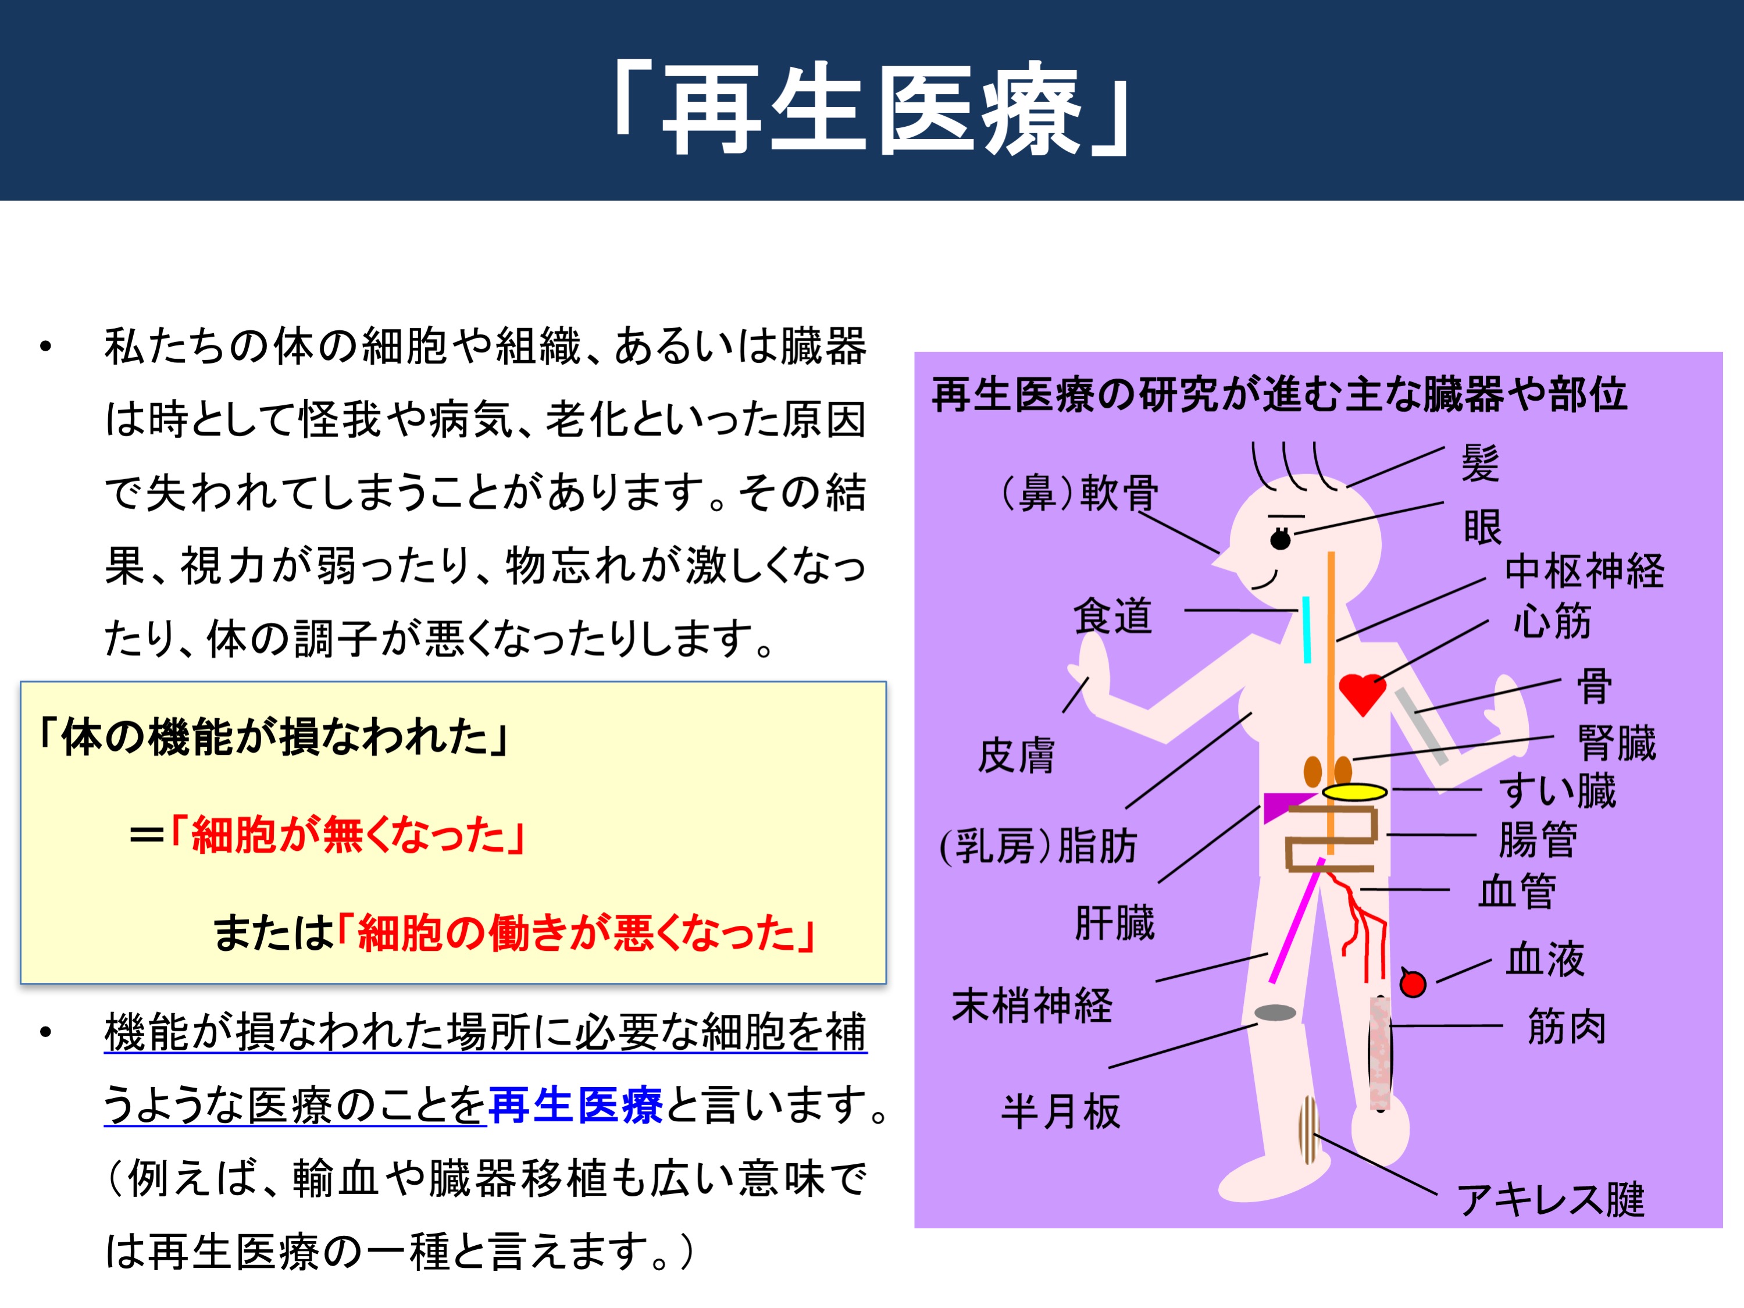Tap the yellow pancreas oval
pyautogui.click(x=1354, y=792)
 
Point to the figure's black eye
pyautogui.click(x=1281, y=539)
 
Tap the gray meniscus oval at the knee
pyautogui.click(x=1275, y=1013)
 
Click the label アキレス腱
pyautogui.click(x=1551, y=1199)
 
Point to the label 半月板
pyautogui.click(x=1061, y=1111)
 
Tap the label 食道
pyautogui.click(x=1112, y=616)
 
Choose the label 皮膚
pyautogui.click(x=1017, y=755)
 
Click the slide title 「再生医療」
pyautogui.click(x=871, y=108)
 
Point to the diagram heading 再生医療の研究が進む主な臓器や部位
pyautogui.click(x=1279, y=394)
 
